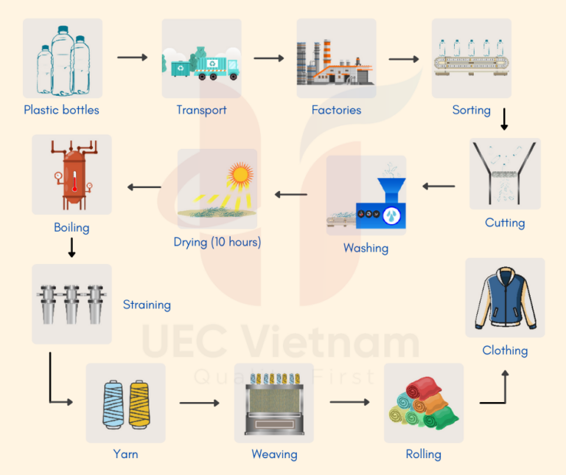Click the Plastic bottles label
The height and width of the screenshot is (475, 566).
click(x=61, y=111)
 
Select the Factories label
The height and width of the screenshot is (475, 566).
click(x=336, y=111)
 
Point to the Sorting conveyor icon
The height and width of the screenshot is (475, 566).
click(x=471, y=58)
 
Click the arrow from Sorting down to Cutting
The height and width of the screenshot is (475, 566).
click(x=504, y=119)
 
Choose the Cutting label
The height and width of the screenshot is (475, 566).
click(x=505, y=223)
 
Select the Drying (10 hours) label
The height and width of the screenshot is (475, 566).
click(x=217, y=242)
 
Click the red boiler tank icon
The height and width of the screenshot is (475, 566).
click(x=71, y=174)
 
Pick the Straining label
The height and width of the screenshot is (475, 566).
click(x=147, y=305)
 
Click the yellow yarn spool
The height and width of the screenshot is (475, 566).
click(x=139, y=402)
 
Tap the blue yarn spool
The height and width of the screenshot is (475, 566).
click(x=113, y=402)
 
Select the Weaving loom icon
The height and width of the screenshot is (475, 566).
click(x=274, y=403)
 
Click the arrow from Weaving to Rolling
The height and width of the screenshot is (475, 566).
click(x=349, y=403)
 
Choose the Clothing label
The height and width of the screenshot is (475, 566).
click(x=505, y=350)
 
